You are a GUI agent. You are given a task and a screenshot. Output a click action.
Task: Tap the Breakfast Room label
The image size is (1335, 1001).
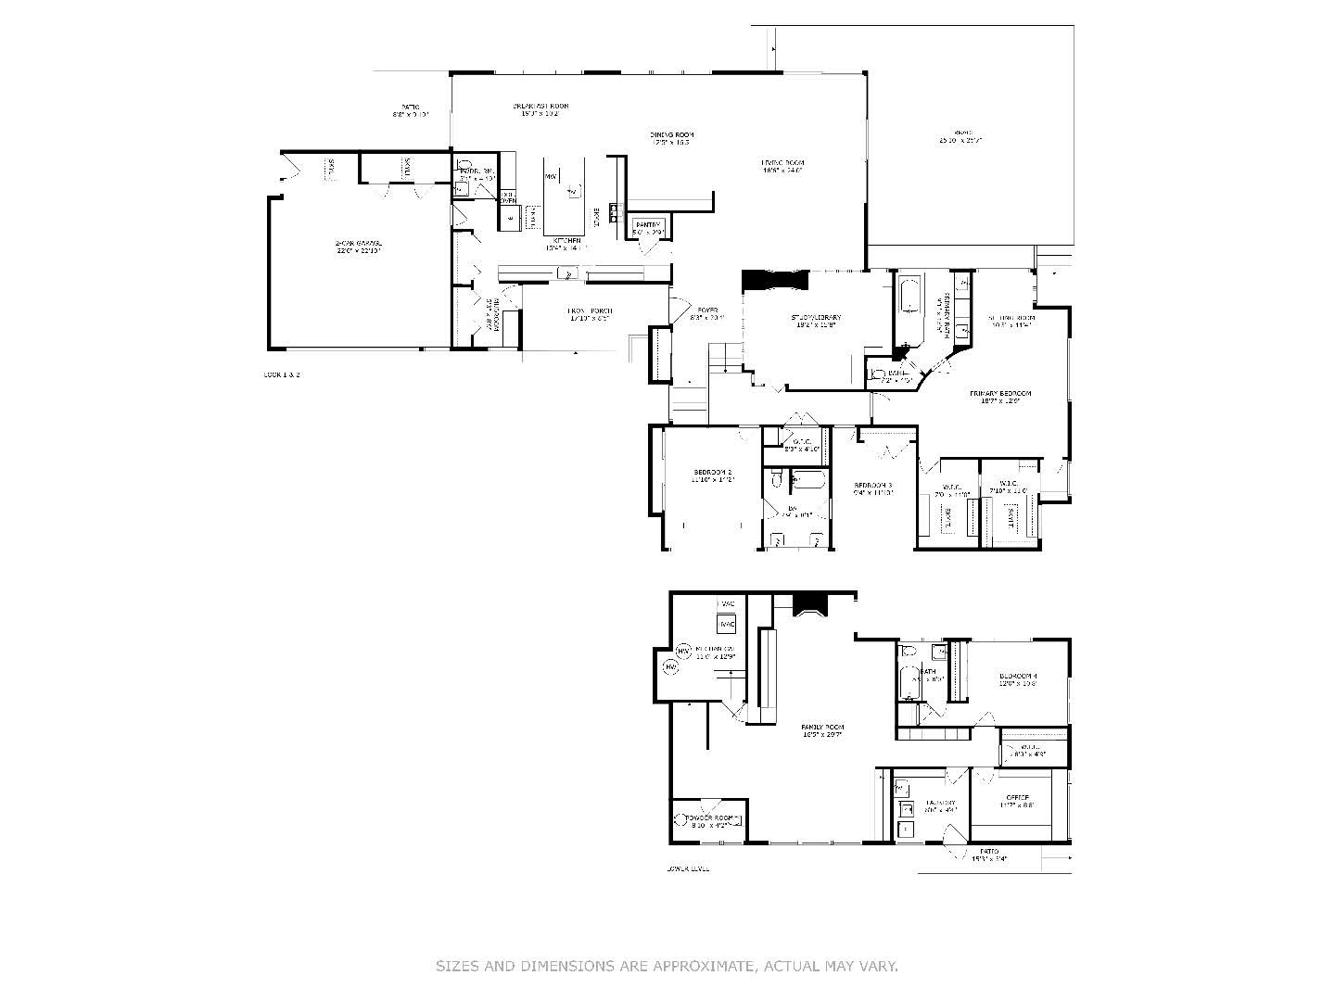click(x=540, y=106)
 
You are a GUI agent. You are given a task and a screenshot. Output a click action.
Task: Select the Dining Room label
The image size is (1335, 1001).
click(x=671, y=134)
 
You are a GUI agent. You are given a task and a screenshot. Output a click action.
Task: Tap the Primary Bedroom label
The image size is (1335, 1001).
click(x=1000, y=393)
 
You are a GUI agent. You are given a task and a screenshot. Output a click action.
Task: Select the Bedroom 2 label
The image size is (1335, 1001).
click(x=713, y=472)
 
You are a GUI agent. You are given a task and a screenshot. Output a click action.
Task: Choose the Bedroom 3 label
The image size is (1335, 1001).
click(x=872, y=485)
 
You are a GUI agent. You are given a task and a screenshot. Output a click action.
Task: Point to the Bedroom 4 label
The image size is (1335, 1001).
click(x=1017, y=677)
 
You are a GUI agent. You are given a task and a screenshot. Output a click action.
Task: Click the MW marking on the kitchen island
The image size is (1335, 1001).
click(x=551, y=176)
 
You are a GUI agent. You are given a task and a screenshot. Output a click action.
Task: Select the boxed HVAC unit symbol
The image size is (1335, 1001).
click(x=728, y=623)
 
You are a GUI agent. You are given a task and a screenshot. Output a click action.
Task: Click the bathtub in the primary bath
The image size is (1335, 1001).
click(x=909, y=298)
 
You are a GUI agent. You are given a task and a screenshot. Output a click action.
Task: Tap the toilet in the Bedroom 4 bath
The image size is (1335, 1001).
click(x=908, y=649)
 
